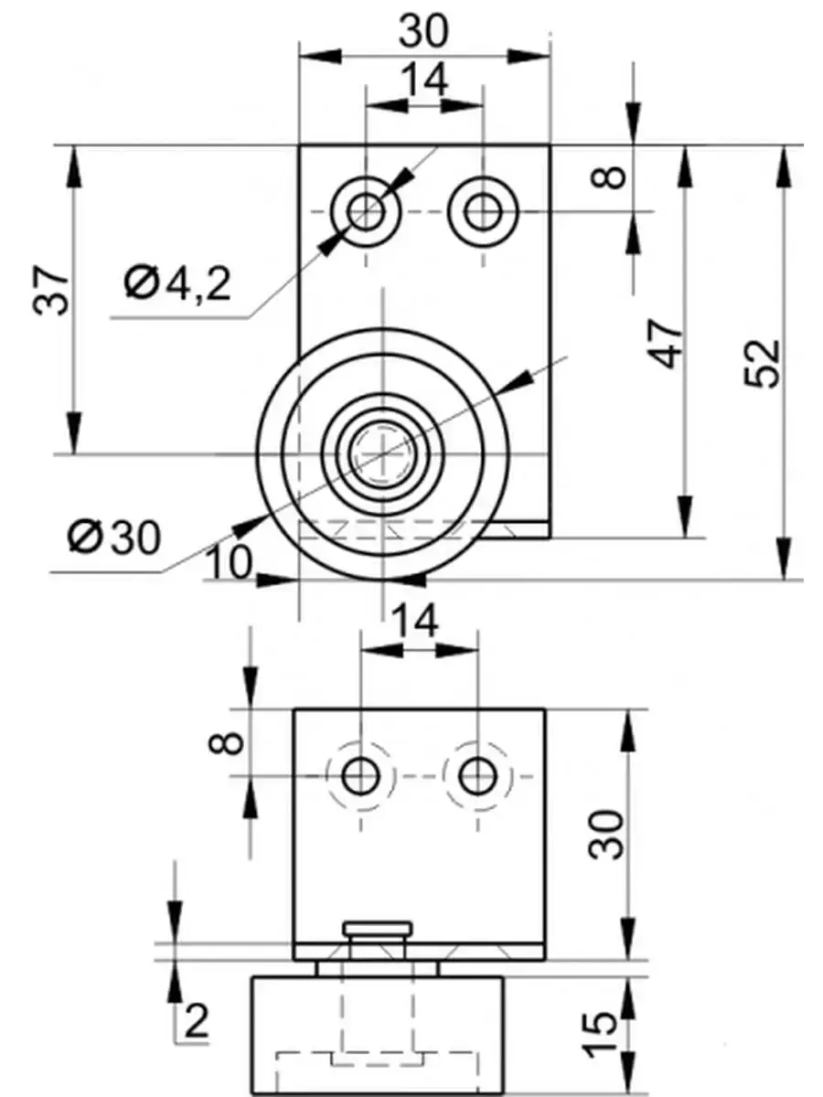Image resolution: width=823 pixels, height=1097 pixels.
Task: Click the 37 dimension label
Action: click(56, 292)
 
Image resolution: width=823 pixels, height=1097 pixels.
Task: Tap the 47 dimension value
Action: click(668, 344)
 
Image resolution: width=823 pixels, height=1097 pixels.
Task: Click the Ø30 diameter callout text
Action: click(113, 538)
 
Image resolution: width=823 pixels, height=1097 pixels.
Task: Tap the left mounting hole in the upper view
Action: click(367, 212)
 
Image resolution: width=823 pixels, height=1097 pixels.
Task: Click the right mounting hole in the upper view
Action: click(481, 212)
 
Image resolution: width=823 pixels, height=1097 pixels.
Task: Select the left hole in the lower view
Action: click(360, 777)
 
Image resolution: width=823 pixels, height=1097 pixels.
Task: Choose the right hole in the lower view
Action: click(476, 777)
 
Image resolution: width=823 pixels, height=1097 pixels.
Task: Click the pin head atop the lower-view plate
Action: click(378, 931)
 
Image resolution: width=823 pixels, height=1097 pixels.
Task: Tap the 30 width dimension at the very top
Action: click(424, 31)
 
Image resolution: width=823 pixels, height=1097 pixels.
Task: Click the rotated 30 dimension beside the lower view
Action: click(607, 833)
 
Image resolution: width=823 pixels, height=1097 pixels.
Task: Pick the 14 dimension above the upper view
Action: click(424, 80)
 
